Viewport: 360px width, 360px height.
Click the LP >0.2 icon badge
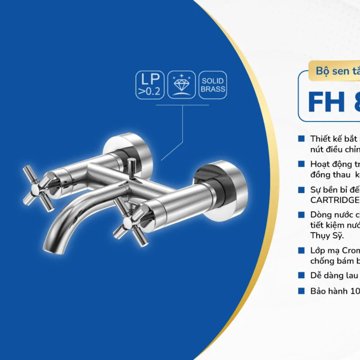150,85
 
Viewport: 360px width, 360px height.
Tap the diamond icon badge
181,85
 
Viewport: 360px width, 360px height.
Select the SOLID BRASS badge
213,85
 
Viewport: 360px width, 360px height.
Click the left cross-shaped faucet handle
37,189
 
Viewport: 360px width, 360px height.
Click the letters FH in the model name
326,102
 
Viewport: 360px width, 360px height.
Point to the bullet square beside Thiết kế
301,139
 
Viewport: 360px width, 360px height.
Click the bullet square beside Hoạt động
301,164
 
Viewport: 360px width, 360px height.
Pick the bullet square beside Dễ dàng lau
301,275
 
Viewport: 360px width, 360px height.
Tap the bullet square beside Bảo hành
301,291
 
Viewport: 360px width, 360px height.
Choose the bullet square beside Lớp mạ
301,250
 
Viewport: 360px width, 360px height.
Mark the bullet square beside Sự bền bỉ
301,190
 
